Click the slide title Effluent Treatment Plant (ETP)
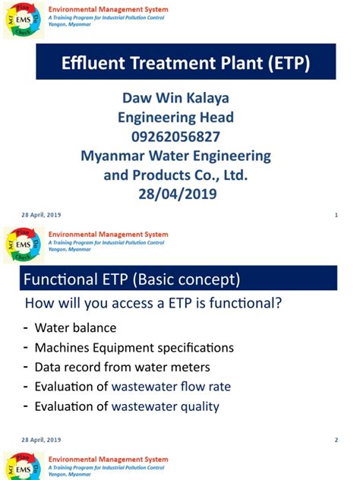pos(185,63)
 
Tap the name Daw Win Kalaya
pos(175,98)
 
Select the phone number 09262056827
pos(175,137)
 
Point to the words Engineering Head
pos(175,117)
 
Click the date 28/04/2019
pos(175,194)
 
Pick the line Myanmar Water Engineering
pos(175,156)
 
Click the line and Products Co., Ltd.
pos(175,175)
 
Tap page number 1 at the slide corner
pos(336,215)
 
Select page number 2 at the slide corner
pos(336,441)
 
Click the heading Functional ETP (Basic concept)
pos(133,280)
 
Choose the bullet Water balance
pos(75,328)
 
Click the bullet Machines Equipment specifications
pos(134,348)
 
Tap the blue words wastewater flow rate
pos(171,387)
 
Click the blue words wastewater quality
pos(166,406)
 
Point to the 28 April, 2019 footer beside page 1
pos(43,215)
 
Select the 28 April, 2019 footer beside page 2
pos(43,441)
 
